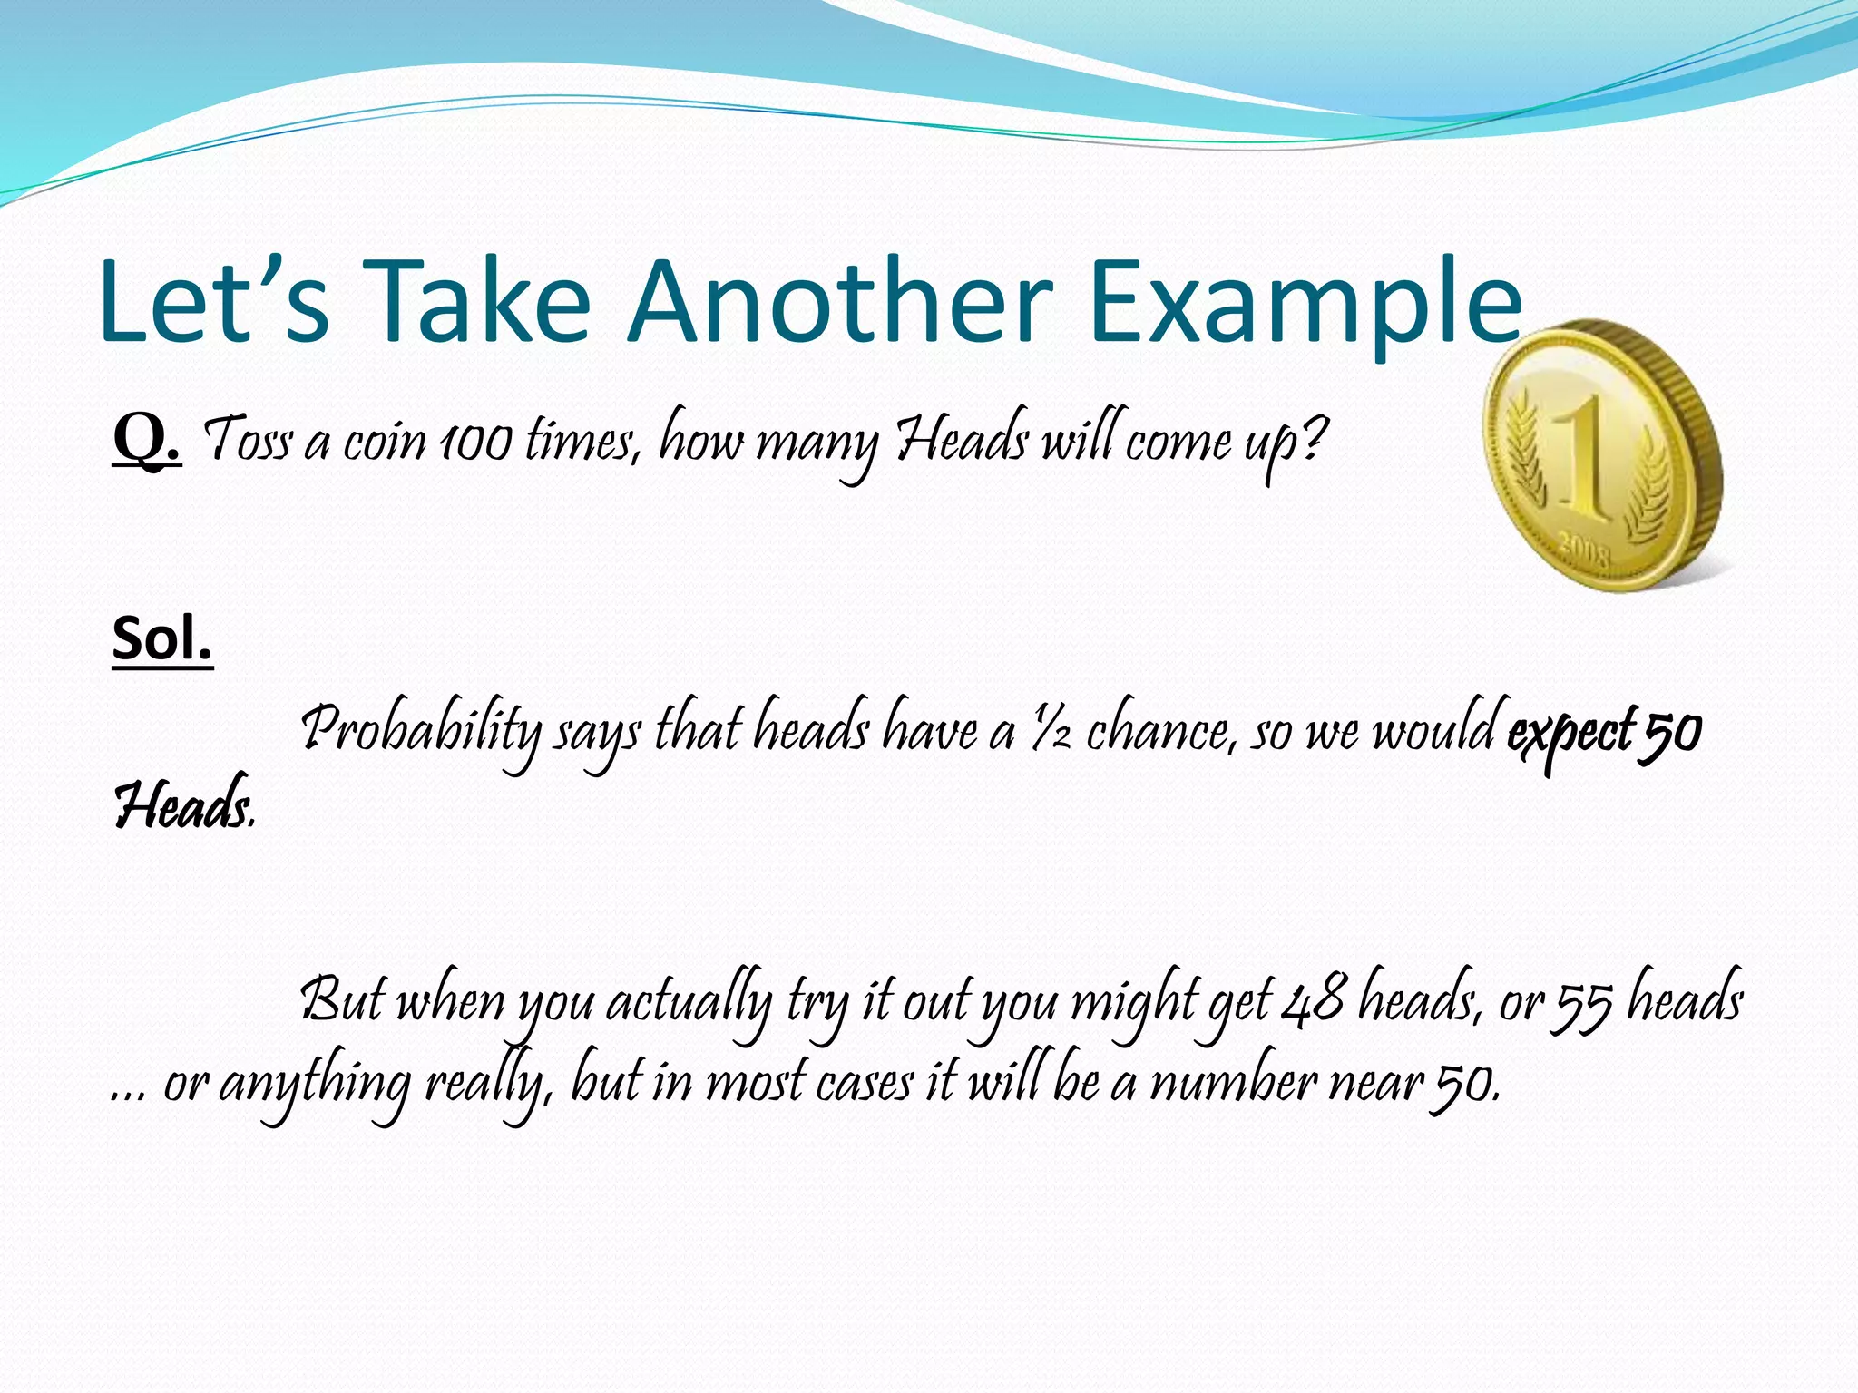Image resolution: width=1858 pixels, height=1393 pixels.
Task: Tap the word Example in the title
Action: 1306,302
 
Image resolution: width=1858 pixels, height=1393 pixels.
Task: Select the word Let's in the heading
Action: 214,302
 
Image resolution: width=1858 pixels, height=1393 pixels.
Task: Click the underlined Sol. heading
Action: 162,638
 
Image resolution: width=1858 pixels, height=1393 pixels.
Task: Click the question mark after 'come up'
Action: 1313,439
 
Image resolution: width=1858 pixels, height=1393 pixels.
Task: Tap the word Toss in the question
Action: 247,441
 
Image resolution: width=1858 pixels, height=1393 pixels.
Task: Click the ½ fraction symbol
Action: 1051,731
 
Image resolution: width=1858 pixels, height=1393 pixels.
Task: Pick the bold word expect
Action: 1570,731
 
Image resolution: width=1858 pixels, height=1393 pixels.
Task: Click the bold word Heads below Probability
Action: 181,806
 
